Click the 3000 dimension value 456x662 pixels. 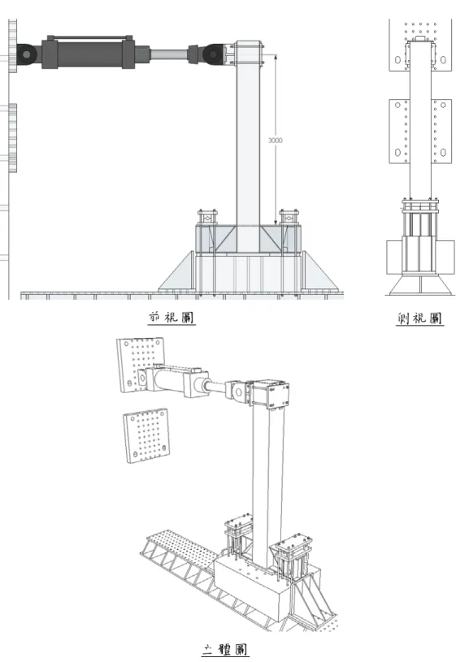(x=275, y=141)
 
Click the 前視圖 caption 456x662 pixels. (x=172, y=318)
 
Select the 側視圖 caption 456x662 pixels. (x=419, y=318)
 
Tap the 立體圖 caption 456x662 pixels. (x=224, y=648)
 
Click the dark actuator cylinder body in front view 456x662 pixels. (x=89, y=52)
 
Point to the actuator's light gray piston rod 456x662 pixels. (x=169, y=55)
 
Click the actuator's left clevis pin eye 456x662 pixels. (x=27, y=54)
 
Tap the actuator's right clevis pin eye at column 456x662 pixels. (x=214, y=54)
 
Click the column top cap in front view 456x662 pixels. (x=250, y=53)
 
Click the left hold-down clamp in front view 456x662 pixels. (x=207, y=217)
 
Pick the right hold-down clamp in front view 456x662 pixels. (x=289, y=217)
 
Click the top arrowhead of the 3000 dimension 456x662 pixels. (x=275, y=56)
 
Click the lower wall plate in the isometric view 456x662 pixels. (x=145, y=435)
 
